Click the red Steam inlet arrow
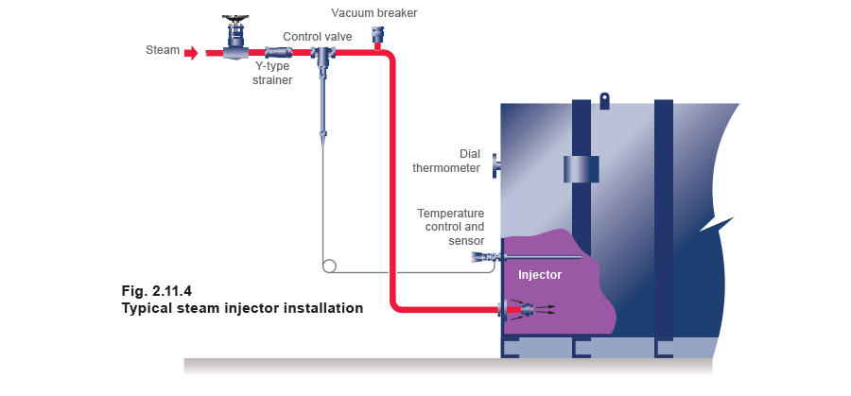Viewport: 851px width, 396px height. [192, 53]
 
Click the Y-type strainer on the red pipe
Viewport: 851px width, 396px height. [277, 53]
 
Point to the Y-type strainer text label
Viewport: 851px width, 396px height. [271, 75]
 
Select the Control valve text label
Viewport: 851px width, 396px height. [317, 36]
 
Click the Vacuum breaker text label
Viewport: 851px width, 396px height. [374, 13]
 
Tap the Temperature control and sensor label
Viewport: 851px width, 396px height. [452, 228]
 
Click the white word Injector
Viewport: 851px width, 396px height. [540, 275]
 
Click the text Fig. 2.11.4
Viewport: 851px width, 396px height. [155, 289]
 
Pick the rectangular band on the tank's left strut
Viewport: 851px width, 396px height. [581, 168]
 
